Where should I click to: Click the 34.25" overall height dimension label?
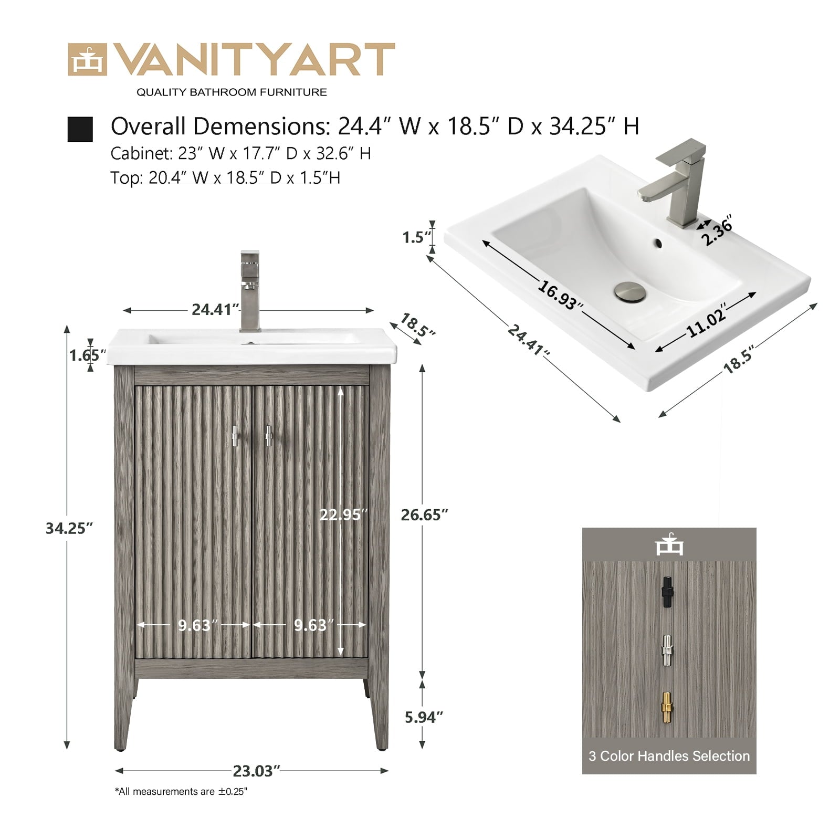(69, 528)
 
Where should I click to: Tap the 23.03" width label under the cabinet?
(256, 771)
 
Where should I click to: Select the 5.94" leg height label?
(424, 717)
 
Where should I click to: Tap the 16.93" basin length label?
(560, 296)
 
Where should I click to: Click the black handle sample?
(667, 592)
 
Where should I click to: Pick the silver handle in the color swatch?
(667, 651)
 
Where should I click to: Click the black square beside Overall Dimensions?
(80, 129)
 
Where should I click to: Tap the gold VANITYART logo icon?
(87, 60)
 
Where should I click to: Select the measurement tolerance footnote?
(181, 792)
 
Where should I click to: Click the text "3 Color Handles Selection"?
(669, 756)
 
